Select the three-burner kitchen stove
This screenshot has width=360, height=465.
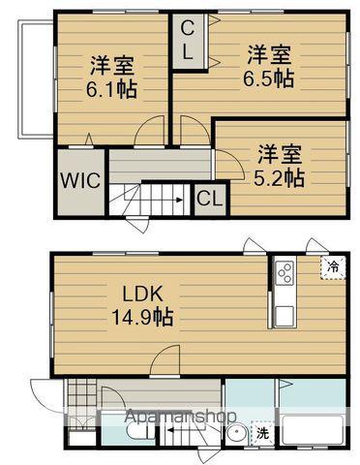[286, 274]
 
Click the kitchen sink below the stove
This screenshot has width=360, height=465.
[286, 314]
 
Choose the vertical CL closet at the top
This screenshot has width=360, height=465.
[188, 41]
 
